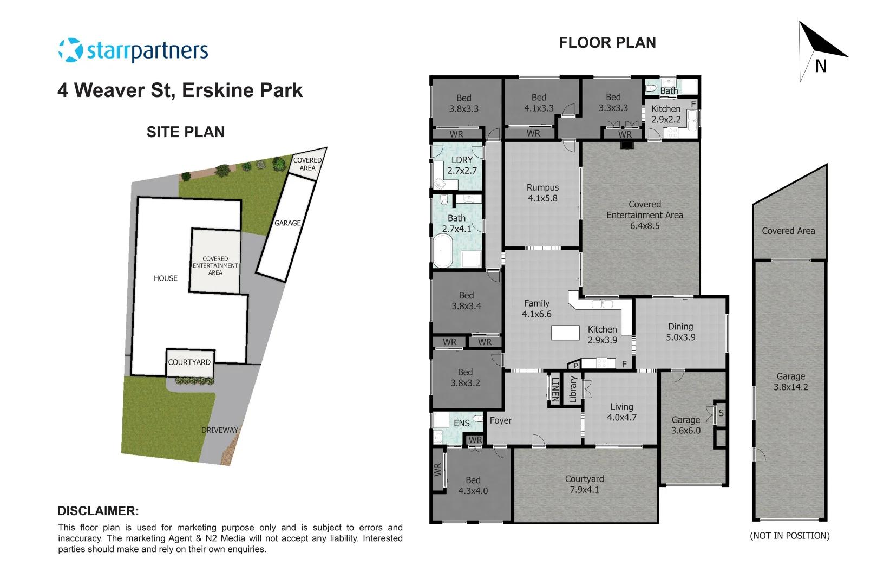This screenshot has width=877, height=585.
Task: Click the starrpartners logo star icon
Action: coord(70,50)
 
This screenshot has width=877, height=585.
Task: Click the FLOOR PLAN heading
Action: coord(607,43)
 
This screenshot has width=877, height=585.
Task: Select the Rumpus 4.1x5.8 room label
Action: coord(542,193)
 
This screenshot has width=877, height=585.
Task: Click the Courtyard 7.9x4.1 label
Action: coord(584,484)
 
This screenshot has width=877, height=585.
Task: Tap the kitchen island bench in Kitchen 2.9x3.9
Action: coord(565,332)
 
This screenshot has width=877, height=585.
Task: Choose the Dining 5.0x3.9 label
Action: coord(680,332)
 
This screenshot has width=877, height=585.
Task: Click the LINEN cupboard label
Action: coord(555,389)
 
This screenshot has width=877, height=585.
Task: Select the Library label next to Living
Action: coord(573,389)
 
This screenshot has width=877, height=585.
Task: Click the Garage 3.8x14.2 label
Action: coord(790,382)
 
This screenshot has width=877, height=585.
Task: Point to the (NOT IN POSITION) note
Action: coord(789,536)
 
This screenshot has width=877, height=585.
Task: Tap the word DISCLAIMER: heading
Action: coord(98,511)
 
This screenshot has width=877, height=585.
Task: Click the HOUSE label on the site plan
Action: coord(165,278)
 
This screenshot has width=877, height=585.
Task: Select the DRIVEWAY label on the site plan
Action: coord(219,430)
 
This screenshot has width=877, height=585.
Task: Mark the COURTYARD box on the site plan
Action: coord(189,362)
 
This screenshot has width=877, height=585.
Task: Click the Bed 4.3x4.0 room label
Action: coord(473,485)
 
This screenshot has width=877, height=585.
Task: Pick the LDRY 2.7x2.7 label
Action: coord(462,165)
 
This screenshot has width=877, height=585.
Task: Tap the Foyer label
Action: coord(500,420)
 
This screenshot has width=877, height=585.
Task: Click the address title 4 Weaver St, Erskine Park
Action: coord(180,90)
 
